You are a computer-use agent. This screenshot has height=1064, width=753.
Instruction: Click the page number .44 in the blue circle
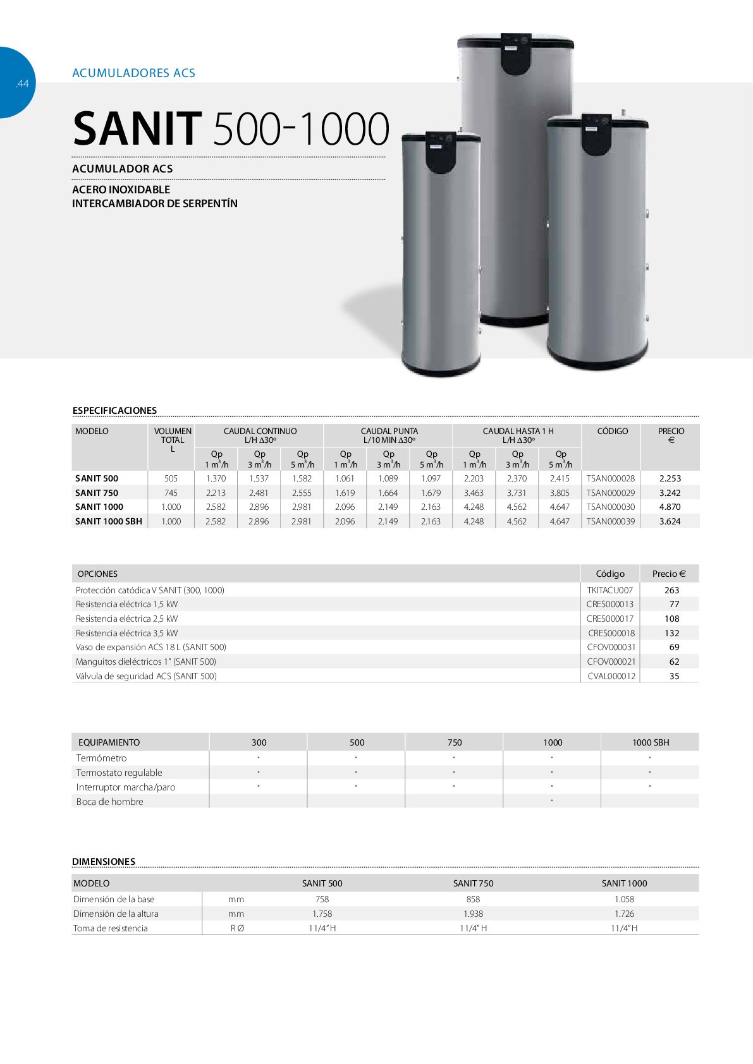click(x=22, y=84)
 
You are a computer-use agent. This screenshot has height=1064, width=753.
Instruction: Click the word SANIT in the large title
click(x=137, y=130)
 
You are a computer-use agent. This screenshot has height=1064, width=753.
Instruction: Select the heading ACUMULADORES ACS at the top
click(x=133, y=73)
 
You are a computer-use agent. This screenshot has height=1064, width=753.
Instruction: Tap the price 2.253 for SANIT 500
click(x=670, y=479)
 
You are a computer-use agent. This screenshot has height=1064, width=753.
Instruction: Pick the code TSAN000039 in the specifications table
click(x=610, y=522)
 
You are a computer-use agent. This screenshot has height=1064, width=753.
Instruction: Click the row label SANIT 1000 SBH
click(x=108, y=522)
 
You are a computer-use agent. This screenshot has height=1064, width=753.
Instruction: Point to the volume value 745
click(x=171, y=493)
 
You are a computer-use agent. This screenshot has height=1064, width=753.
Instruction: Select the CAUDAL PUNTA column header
click(x=389, y=432)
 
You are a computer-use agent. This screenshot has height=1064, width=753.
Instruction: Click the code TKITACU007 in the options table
click(x=609, y=591)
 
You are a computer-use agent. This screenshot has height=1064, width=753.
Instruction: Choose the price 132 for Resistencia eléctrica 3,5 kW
click(x=671, y=634)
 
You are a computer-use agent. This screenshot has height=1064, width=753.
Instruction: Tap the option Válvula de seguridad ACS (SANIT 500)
click(x=146, y=677)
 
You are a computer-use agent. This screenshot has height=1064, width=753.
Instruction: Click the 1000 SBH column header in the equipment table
click(x=650, y=743)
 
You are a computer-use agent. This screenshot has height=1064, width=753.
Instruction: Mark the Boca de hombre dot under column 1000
click(x=552, y=801)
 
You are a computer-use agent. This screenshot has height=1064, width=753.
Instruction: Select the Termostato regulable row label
click(x=119, y=773)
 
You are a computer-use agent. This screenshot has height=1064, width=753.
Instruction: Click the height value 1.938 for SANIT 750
click(x=473, y=914)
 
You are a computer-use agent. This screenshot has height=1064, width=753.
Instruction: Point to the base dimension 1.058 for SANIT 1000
click(x=624, y=900)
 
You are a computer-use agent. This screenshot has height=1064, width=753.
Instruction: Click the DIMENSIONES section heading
click(x=104, y=862)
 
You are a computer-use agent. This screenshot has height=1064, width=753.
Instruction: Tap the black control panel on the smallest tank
click(x=441, y=152)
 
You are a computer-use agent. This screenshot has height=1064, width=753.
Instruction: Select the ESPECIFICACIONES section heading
click(x=114, y=411)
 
